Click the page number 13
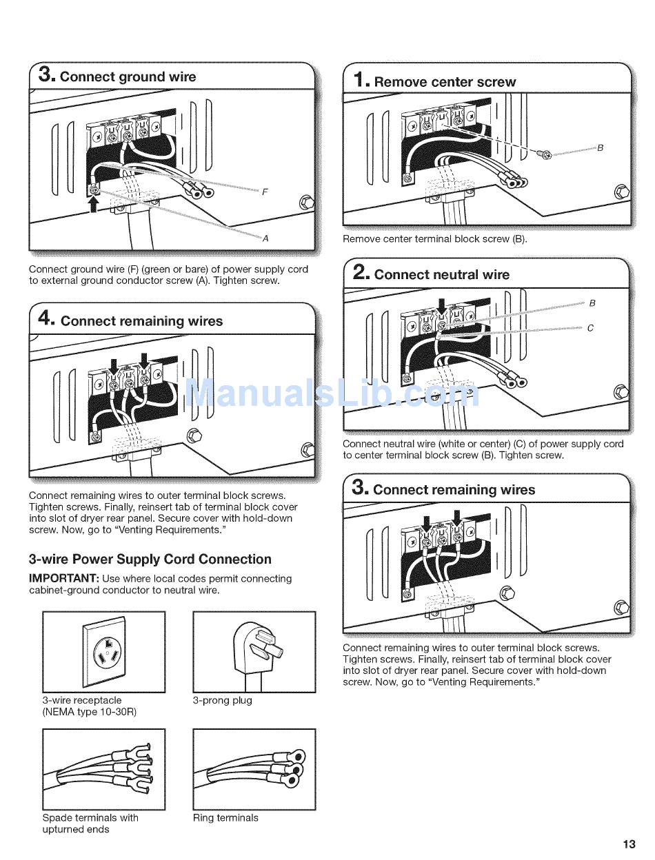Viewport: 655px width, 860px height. click(628, 844)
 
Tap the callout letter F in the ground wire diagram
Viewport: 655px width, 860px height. click(265, 192)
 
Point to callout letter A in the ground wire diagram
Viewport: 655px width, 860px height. click(265, 238)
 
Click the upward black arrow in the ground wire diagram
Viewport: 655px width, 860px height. click(94, 204)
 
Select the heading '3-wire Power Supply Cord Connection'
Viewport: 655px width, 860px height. click(150, 560)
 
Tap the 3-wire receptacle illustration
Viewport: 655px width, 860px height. click(104, 651)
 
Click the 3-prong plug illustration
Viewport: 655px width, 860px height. click(254, 651)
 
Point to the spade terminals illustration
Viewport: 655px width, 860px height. click(104, 769)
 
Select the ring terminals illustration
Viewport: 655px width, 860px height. click(254, 769)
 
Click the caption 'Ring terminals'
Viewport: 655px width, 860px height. click(225, 818)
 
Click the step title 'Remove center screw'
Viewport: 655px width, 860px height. click(445, 82)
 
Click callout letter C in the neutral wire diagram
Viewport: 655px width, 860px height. click(590, 328)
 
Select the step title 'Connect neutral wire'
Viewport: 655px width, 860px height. click(442, 274)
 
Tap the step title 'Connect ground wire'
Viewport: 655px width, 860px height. click(128, 76)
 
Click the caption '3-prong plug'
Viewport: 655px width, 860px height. click(222, 700)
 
